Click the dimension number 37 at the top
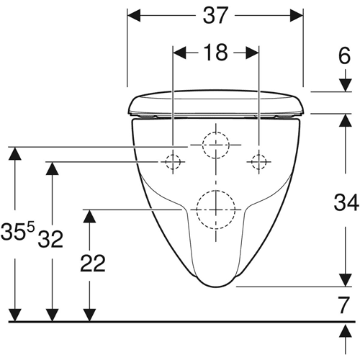(x=215, y=15)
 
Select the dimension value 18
(x=215, y=53)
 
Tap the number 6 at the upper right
(x=344, y=55)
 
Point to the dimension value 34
(x=346, y=202)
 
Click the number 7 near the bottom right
(x=343, y=305)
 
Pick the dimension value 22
(x=93, y=264)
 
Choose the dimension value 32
(x=50, y=239)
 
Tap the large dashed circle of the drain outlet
(x=197, y=210)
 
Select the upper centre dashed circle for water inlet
(x=202, y=145)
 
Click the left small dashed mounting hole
(x=166, y=162)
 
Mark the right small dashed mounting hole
(x=251, y=162)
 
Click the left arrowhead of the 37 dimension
(x=134, y=15)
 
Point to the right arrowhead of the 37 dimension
(x=297, y=15)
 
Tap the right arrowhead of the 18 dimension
(x=252, y=53)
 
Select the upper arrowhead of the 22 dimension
(x=89, y=216)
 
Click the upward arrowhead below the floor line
(x=346, y=331)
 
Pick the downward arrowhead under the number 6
(x=346, y=85)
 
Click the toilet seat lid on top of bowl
(x=216, y=102)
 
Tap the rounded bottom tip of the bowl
(x=216, y=287)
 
